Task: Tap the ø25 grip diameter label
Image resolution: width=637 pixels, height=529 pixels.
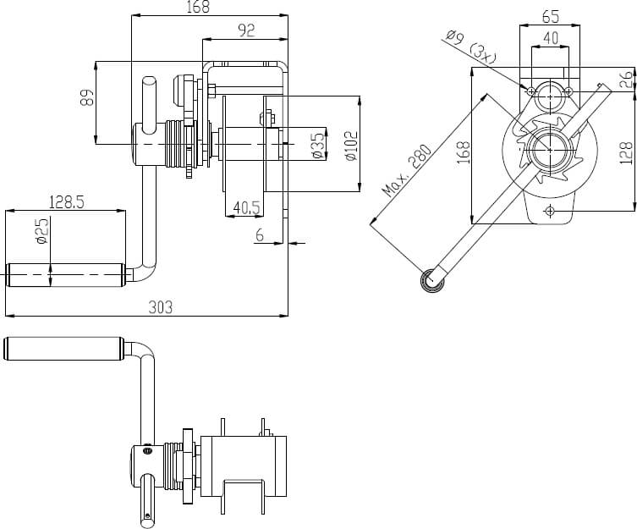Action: [x=43, y=232]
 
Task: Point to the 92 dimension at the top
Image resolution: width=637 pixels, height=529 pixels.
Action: [x=246, y=30]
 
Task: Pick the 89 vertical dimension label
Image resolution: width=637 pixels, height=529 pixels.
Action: [x=86, y=99]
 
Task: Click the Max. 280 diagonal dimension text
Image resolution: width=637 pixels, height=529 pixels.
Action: [x=408, y=170]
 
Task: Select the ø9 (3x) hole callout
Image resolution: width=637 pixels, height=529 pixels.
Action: [x=470, y=46]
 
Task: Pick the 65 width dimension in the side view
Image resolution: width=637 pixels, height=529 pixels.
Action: [x=550, y=16]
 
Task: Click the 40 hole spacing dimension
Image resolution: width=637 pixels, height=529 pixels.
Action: [x=550, y=38]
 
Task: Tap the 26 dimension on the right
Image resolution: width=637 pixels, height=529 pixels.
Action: [x=625, y=80]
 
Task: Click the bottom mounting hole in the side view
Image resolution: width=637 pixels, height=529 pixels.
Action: [x=550, y=209]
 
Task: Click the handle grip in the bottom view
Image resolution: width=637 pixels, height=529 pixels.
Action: [x=64, y=349]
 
